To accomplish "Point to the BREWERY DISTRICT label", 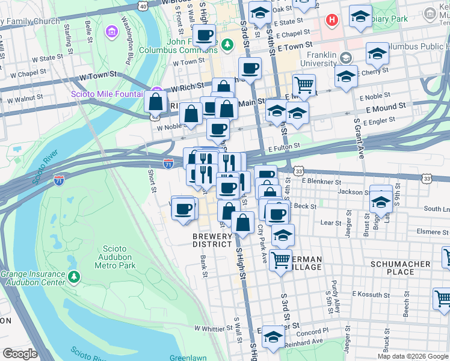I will [212, 241].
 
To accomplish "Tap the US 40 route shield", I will [142, 5].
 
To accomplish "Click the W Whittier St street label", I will [213, 329].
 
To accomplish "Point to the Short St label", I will [152, 181].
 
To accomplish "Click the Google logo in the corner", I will [20, 354].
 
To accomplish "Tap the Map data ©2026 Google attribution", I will [413, 356].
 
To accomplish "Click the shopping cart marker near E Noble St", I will [304, 87].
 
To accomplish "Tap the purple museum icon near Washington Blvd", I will [111, 31].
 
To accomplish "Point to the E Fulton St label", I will [284, 147].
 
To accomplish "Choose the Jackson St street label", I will [352, 192].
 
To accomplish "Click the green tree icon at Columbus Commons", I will [227, 43].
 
